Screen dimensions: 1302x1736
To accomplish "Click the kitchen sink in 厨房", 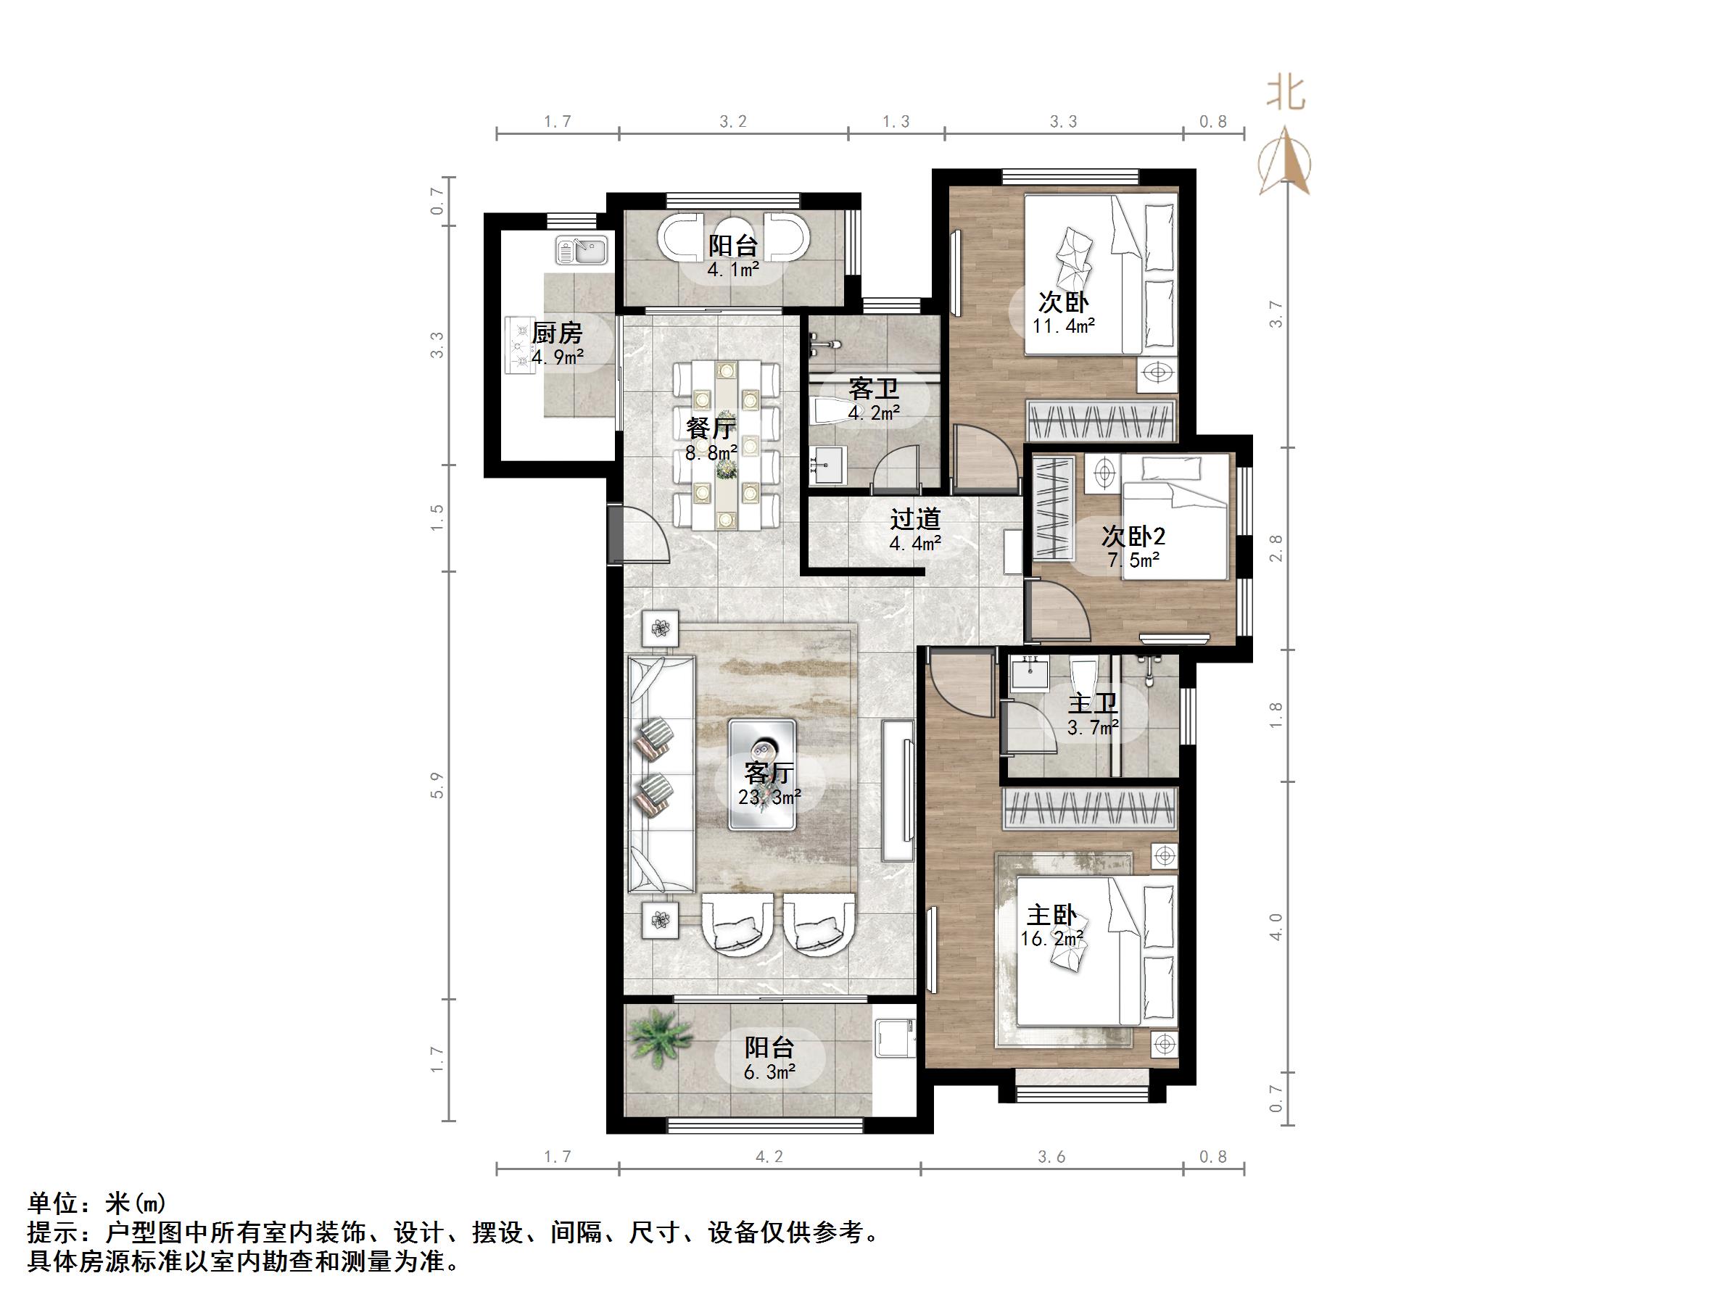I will (x=582, y=250).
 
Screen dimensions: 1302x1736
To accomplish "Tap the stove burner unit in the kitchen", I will (x=518, y=344).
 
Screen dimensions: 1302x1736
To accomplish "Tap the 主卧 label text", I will (x=1051, y=915).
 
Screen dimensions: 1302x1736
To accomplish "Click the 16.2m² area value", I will (x=1051, y=939).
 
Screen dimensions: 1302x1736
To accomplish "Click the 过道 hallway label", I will (x=915, y=519).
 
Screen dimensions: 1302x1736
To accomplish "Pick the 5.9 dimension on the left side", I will (x=437, y=786).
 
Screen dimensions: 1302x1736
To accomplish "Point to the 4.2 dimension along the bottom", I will (x=769, y=1157).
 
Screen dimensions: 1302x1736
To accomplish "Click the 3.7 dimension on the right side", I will (x=1277, y=314).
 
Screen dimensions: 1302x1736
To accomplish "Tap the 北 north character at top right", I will (x=1286, y=94).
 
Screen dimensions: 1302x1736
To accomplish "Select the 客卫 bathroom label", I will (x=874, y=389).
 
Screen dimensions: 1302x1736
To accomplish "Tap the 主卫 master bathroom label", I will (x=1093, y=704).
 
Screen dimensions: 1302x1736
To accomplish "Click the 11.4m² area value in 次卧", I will (x=1063, y=325).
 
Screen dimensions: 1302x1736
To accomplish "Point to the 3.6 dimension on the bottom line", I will (x=1051, y=1157).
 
